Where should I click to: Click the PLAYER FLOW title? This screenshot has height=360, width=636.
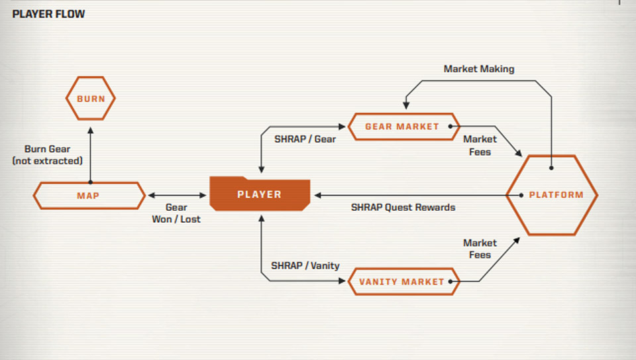(48, 13)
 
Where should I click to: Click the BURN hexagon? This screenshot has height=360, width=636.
(91, 99)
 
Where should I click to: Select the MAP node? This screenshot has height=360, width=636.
(89, 196)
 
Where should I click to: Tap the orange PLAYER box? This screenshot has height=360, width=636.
(260, 194)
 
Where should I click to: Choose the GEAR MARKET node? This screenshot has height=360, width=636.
(402, 126)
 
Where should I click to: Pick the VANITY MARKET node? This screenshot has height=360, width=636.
(402, 282)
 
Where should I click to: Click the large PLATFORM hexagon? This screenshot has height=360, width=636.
(552, 195)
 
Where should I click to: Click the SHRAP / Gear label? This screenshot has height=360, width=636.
(305, 139)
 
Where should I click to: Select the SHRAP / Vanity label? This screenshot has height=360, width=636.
(305, 265)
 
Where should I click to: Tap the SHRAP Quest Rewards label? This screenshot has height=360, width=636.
(403, 207)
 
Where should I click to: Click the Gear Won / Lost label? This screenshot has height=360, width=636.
(176, 213)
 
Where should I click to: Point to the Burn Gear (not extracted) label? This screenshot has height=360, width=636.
(47, 154)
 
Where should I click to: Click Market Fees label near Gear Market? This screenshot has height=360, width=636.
(480, 145)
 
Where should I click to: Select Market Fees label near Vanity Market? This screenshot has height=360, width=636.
(480, 249)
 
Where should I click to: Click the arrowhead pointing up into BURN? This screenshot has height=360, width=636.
(91, 124)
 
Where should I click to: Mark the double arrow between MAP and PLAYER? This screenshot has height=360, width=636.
(177, 196)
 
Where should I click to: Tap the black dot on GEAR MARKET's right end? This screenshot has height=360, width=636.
(451, 126)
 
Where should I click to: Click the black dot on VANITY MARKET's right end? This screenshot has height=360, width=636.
(451, 282)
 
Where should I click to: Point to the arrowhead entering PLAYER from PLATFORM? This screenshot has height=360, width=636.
(318, 196)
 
